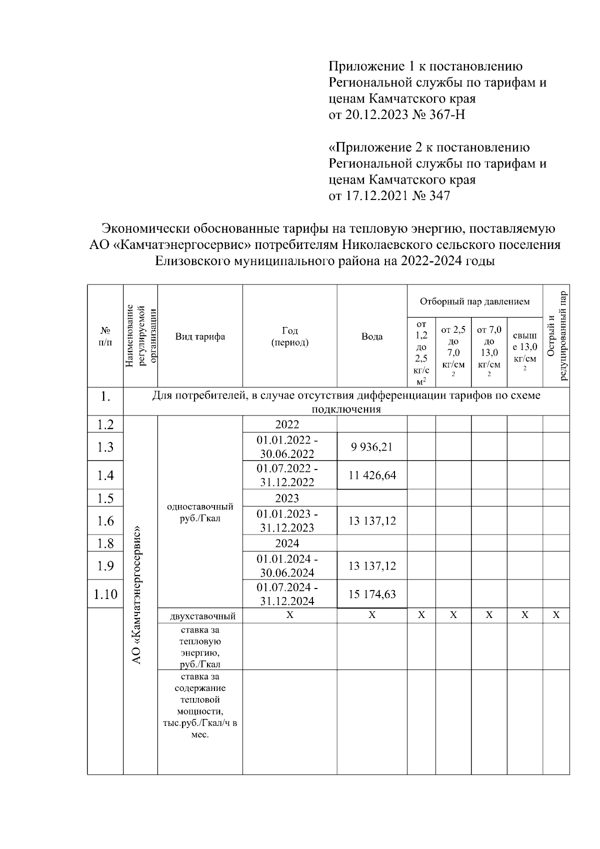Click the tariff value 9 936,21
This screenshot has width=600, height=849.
coord(371,447)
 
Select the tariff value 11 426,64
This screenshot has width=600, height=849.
coord(372,475)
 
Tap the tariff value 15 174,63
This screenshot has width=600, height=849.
coord(372,594)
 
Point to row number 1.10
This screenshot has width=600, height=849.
coord(105,594)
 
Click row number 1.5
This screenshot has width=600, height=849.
coord(105,498)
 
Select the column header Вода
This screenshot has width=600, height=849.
coord(372,336)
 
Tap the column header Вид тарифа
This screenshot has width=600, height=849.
coord(200,336)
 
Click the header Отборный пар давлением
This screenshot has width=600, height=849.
coord(474,301)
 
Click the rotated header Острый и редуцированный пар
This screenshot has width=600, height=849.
coord(556,336)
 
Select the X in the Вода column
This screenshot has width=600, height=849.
coord(372,615)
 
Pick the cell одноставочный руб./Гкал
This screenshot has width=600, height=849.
coord(200,512)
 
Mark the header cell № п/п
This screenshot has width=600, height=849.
coord(105,336)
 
